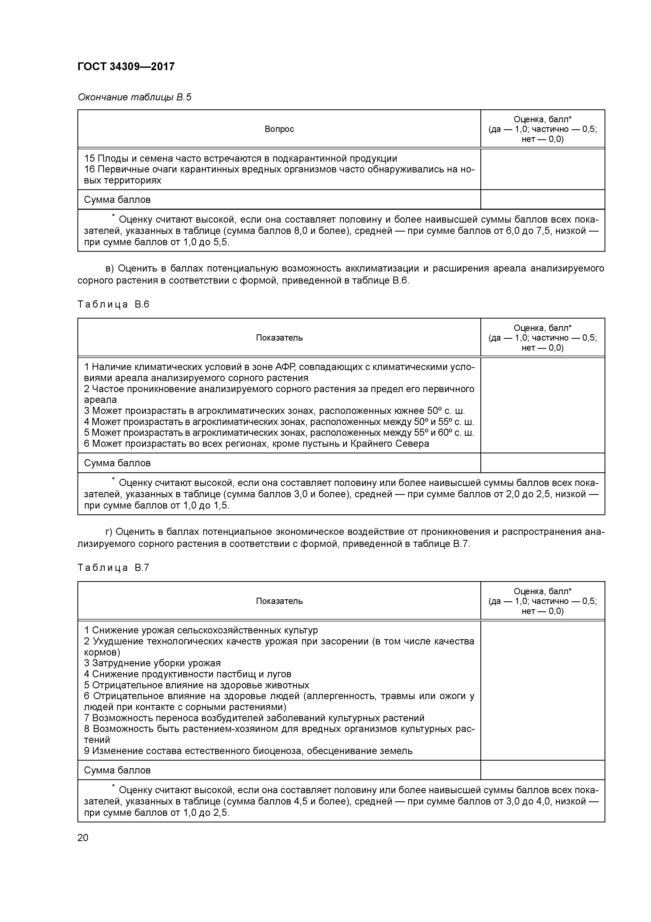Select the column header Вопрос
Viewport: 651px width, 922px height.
(279, 129)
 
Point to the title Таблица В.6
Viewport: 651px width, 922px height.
(113, 304)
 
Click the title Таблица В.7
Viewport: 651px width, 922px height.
(113, 567)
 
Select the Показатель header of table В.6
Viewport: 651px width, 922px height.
(279, 338)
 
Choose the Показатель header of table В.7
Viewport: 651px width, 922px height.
(279, 601)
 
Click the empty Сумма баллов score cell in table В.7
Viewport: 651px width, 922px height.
(542, 770)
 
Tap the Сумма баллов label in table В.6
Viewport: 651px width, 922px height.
(117, 463)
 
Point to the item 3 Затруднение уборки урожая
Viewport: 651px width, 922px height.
(153, 663)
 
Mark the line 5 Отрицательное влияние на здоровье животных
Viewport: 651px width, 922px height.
(197, 685)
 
